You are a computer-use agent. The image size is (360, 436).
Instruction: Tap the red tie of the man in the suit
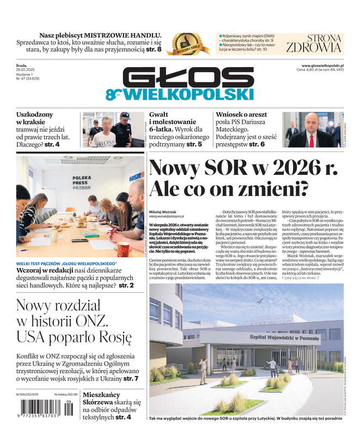click(312, 140)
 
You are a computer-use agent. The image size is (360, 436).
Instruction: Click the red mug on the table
click(124, 249)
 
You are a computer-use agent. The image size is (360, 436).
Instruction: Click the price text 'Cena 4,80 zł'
click(312, 70)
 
